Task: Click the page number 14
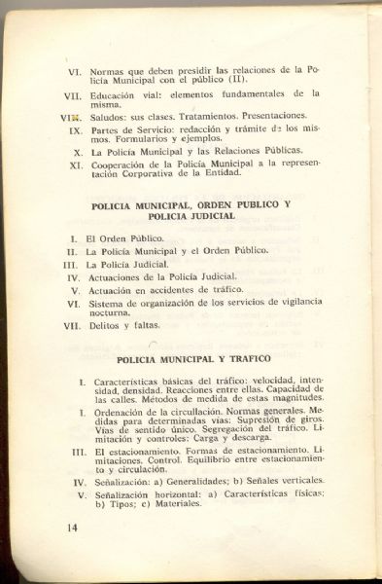tap(71, 528)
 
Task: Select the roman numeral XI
tap(75, 165)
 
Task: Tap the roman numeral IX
tap(75, 129)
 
